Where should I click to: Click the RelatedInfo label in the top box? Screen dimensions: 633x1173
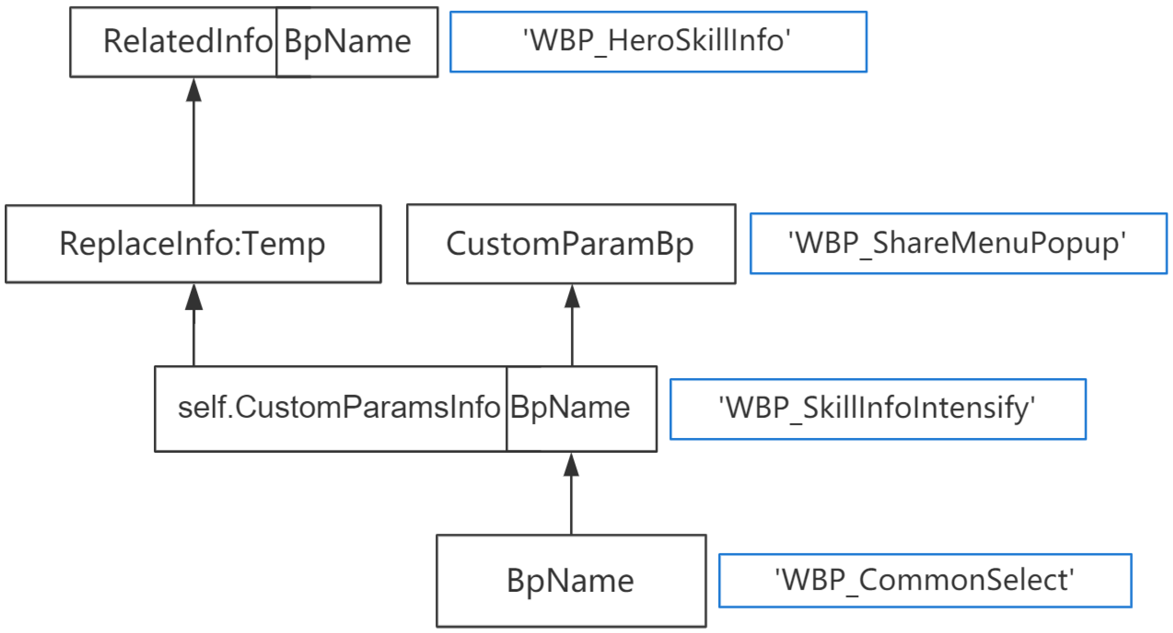coord(188,42)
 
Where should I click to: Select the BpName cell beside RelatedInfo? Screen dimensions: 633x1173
coord(348,42)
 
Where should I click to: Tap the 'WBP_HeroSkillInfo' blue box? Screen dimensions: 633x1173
coord(658,42)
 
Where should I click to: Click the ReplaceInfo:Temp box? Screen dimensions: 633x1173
coord(193,244)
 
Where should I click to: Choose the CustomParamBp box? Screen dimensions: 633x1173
coord(571,244)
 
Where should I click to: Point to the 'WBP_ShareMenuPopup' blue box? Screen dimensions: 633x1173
coord(958,243)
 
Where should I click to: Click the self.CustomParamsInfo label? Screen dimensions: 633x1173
coord(339,407)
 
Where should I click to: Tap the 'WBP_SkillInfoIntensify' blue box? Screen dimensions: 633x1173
coord(877,409)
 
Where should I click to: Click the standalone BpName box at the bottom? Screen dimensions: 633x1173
coord(571,581)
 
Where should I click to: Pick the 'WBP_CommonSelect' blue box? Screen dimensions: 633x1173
coord(925,580)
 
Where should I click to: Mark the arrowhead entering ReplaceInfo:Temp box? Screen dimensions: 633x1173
coord(194,298)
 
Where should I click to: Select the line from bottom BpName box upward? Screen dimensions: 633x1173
coord(571,505)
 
